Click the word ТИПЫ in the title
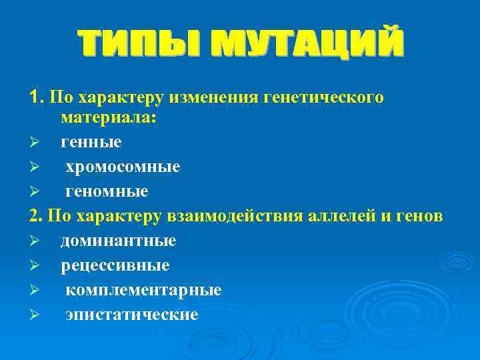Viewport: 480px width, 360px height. (136, 43)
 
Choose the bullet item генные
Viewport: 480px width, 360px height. (91, 143)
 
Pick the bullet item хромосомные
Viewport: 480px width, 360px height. (123, 167)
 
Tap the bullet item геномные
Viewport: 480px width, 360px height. (107, 191)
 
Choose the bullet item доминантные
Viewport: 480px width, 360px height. (119, 241)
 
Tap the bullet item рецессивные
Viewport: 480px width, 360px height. (115, 265)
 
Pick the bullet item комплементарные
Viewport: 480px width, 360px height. (143, 290)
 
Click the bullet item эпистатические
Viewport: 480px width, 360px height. (131, 314)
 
